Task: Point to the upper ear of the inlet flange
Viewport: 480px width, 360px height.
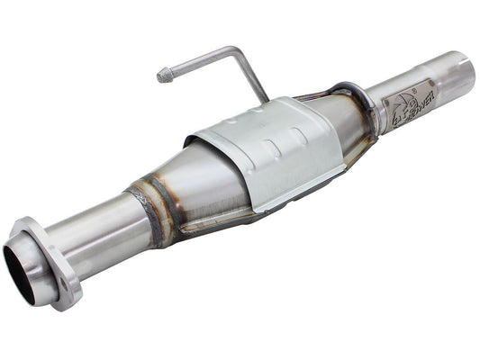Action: (34, 227)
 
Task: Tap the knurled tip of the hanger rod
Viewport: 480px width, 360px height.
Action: (165, 76)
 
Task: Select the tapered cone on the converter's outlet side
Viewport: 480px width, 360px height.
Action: (347, 117)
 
